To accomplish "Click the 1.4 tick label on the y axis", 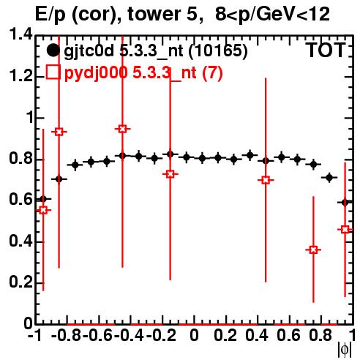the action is point(20,34).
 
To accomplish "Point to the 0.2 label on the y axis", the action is point(20,282).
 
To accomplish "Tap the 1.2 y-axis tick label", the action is point(20,76).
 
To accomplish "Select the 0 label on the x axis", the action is point(194,335).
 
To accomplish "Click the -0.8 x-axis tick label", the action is point(67,335).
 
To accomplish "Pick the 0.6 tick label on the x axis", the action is point(288,335).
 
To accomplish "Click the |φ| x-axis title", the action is point(345,350).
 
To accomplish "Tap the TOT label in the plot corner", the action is point(326,50).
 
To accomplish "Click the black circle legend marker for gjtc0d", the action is point(53,50).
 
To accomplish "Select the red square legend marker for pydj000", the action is point(53,72).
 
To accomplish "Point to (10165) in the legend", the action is point(218,50).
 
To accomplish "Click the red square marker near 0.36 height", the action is point(313,250).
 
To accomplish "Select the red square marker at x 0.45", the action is point(266,180).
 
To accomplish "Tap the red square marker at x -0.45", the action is point(123,129).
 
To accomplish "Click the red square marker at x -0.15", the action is point(170,174).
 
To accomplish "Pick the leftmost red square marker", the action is point(43,210).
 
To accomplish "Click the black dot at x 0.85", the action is point(329,177).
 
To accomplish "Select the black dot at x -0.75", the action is point(75,165).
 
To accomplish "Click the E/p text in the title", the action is point(50,15).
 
